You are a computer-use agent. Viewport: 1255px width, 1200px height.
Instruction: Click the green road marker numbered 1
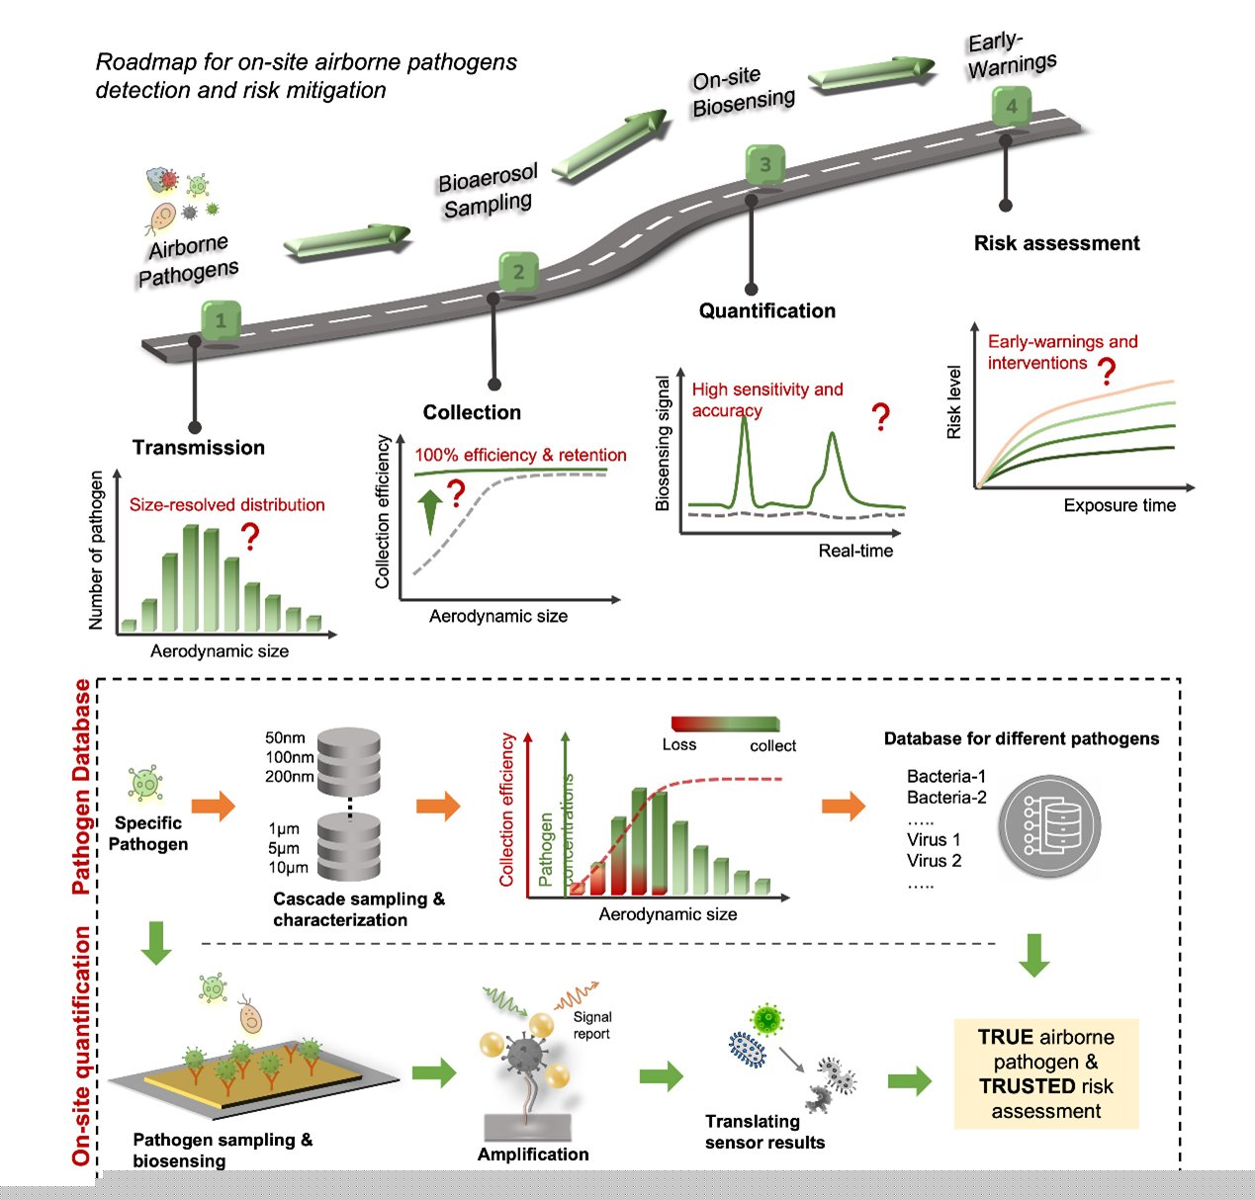click(222, 319)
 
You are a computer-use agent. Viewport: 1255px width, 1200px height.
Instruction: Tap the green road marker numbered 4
click(1012, 106)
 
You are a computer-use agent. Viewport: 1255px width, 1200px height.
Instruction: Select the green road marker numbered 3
click(764, 164)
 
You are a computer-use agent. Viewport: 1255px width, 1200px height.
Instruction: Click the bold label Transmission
click(199, 447)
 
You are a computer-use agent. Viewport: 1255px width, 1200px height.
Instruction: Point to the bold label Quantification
click(767, 310)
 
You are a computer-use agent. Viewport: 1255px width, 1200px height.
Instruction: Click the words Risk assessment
click(1057, 243)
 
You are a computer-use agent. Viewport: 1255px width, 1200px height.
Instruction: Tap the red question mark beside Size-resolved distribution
click(250, 536)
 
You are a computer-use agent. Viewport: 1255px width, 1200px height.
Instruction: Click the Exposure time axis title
click(1120, 505)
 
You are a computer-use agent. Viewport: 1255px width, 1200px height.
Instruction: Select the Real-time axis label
click(855, 551)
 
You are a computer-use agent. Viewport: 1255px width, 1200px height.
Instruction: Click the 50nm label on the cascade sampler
click(285, 737)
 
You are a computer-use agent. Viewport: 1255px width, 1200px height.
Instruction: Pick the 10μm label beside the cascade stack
click(288, 868)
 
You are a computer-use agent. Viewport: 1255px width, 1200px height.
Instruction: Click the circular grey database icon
click(1050, 825)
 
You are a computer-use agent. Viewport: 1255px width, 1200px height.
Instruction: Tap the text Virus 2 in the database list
click(934, 861)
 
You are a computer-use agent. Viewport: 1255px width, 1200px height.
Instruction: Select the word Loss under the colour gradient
click(679, 745)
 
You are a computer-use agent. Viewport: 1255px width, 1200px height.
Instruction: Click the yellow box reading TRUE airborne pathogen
click(1046, 1073)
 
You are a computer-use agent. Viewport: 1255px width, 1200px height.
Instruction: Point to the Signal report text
click(592, 1025)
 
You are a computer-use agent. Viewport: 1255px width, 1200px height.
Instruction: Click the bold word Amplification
click(533, 1155)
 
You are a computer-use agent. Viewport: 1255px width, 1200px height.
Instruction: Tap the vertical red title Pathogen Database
click(81, 786)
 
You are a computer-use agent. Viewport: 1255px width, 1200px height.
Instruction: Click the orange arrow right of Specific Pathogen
click(214, 806)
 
